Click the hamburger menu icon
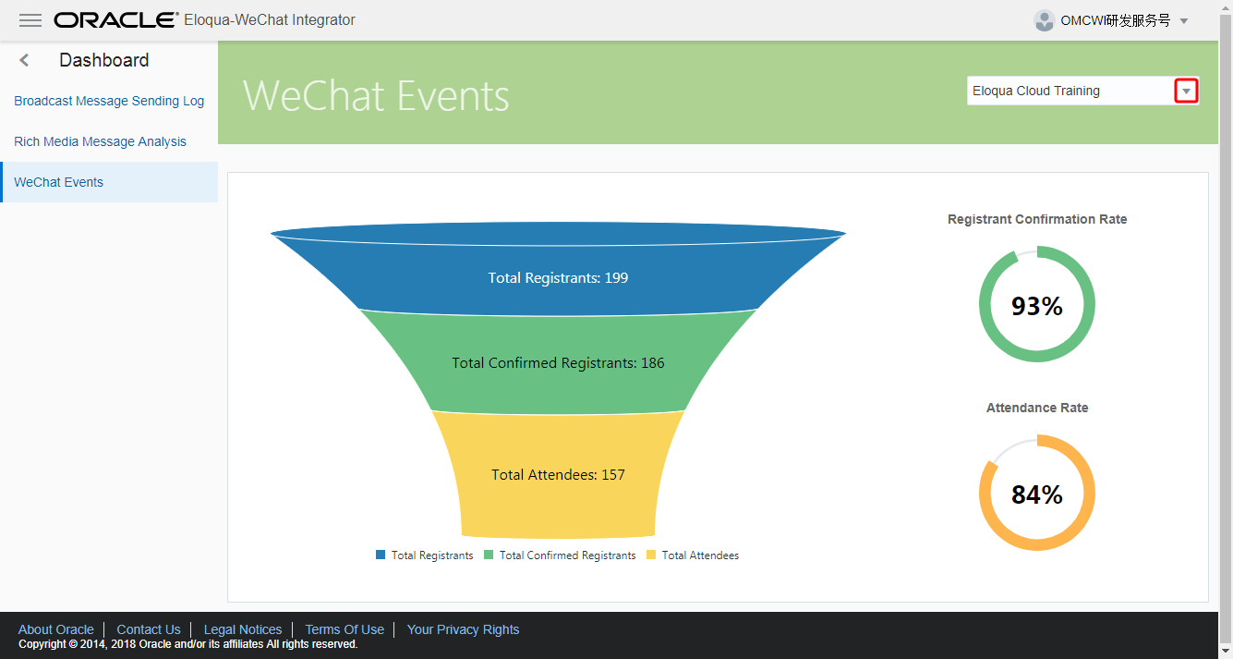coord(30,20)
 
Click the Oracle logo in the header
coord(116,20)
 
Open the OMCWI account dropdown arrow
coord(1184,21)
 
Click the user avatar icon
coord(1045,20)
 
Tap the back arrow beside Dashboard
coord(25,60)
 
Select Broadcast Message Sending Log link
coord(109,101)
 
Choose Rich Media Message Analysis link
coord(100,141)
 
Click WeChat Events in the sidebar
coord(58,182)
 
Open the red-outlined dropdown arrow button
coord(1186,91)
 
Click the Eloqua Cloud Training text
coord(1035,91)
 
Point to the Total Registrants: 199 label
coord(558,277)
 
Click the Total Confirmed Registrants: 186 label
coord(558,362)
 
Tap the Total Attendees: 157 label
coord(558,474)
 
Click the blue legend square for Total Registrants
coord(381,555)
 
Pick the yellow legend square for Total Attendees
coord(651,555)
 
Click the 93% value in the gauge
coord(1036,306)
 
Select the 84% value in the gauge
coord(1036,494)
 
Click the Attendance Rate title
coord(1036,408)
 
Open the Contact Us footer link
coord(148,629)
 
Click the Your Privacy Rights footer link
coord(463,629)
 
